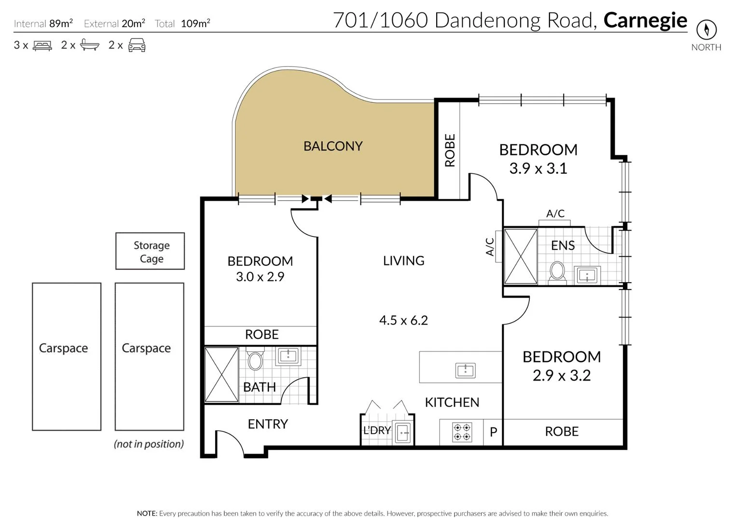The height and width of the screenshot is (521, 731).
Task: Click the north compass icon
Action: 706,30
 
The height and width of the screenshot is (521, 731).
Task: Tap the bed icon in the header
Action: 42,46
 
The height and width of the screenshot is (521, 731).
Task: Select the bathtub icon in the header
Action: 89,45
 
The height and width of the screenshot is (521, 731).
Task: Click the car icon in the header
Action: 137,45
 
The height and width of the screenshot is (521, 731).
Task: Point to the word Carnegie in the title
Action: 645,20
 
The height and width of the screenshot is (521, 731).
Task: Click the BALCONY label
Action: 333,146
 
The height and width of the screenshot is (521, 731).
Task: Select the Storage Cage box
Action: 150,251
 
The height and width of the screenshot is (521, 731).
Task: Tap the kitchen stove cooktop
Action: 462,432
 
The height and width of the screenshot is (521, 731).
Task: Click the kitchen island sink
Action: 465,370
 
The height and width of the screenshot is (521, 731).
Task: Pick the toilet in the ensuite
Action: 557,271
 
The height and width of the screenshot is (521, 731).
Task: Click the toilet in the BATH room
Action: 255,360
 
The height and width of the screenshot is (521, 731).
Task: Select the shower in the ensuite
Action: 520,256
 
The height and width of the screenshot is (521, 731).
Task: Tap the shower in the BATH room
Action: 221,374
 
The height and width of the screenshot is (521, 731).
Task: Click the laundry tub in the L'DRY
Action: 402,433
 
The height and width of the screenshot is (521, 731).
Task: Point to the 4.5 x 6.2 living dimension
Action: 403,320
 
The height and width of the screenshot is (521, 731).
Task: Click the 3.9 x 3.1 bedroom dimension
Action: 538,168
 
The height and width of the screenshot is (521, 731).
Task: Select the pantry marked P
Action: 493,432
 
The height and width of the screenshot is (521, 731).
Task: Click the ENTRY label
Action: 268,424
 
